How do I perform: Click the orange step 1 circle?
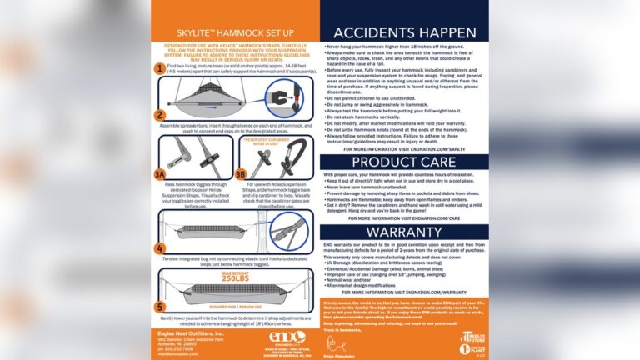[160, 68]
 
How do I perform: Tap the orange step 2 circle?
[160, 114]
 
